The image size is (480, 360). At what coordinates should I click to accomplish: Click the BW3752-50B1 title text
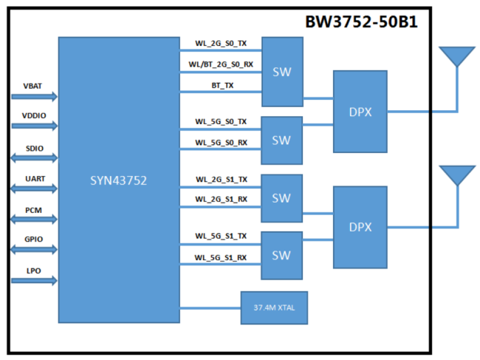[361, 21]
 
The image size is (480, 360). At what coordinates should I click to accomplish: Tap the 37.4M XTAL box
[274, 307]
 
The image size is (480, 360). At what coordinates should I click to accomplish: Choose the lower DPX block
[360, 226]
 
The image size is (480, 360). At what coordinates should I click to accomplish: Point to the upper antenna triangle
[456, 57]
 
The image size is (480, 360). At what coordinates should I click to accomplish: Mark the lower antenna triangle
[456, 175]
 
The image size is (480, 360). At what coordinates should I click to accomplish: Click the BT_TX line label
[222, 86]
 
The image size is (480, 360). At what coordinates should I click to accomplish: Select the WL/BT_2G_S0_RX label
[221, 64]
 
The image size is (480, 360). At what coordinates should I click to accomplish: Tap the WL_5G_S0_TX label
[221, 120]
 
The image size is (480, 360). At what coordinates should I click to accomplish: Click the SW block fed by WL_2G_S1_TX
[281, 198]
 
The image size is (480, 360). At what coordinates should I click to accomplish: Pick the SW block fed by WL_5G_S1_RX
[281, 254]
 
